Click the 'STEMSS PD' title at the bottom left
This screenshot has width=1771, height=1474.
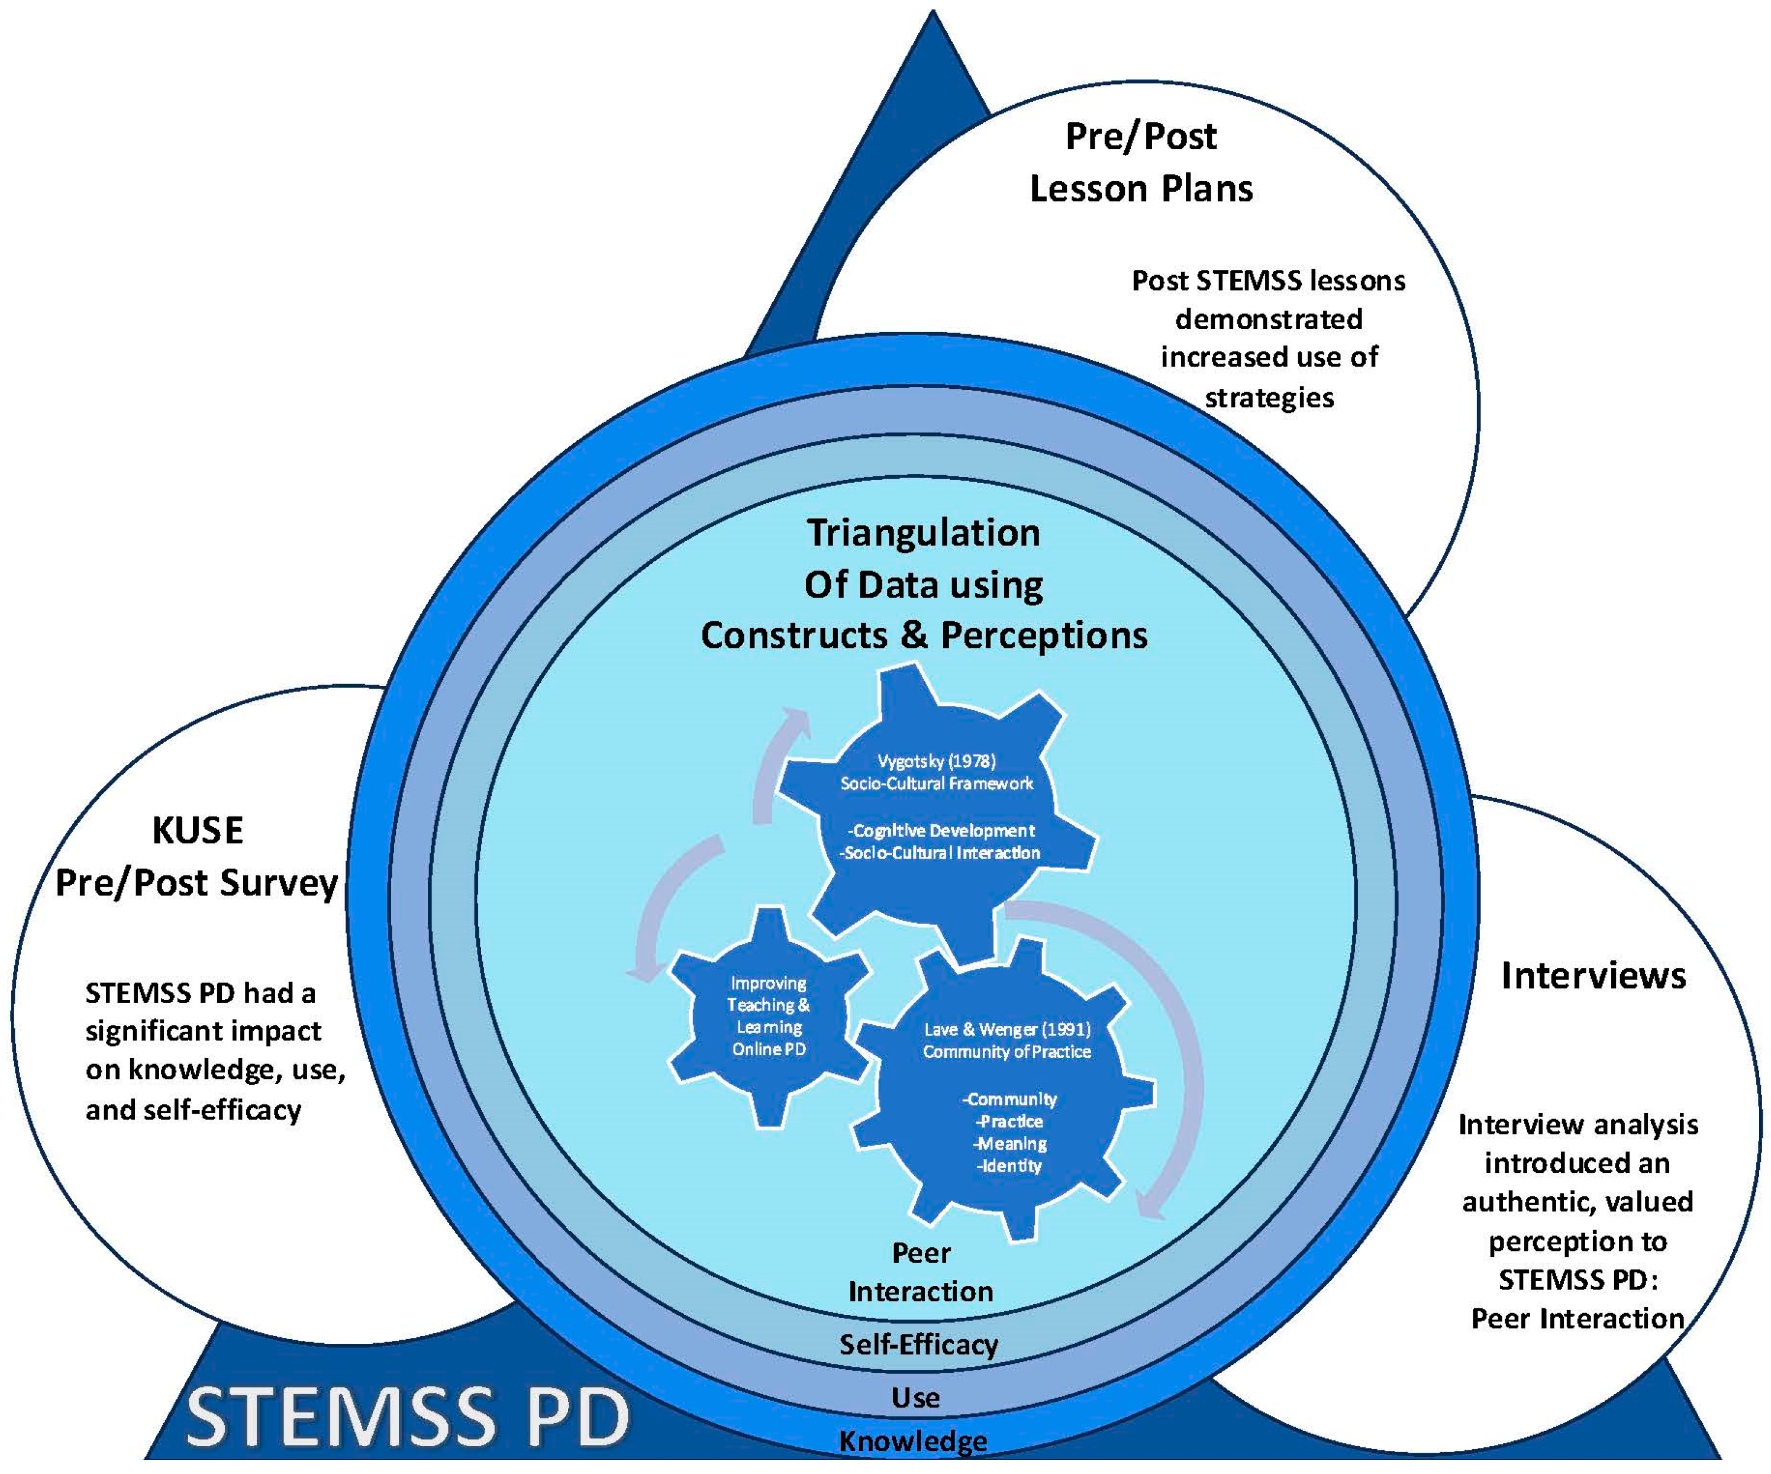point(407,1417)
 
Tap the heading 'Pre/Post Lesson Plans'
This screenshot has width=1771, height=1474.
point(1140,163)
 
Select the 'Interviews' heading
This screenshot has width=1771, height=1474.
point(1593,976)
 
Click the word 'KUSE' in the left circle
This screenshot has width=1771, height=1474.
point(198,831)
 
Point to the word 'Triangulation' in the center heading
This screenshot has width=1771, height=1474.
point(924,533)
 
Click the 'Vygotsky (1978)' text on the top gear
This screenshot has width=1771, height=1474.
point(936,762)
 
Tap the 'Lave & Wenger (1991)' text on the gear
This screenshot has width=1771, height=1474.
point(1007,1029)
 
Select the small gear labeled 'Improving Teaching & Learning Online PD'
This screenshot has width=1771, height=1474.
point(767,1016)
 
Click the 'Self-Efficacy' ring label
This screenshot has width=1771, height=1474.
point(918,1344)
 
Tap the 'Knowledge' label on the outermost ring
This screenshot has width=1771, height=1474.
point(914,1441)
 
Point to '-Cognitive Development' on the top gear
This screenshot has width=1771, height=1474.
point(940,831)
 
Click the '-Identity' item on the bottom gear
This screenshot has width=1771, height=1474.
point(1009,1166)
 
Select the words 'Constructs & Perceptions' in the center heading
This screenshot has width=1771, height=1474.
point(924,636)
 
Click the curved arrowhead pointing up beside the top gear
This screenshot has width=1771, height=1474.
point(795,724)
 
